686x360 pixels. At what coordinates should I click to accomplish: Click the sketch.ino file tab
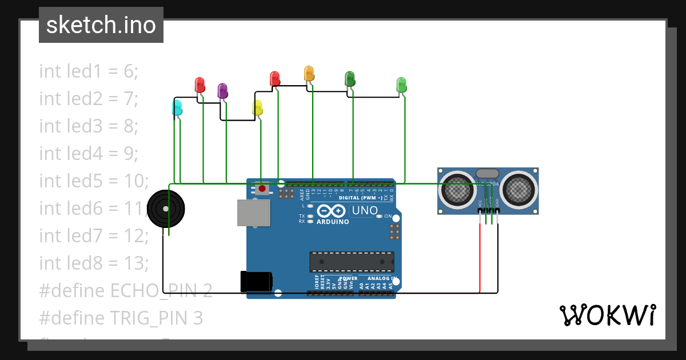(x=101, y=25)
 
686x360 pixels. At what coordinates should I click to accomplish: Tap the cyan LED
(x=177, y=107)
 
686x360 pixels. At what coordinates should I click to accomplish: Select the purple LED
(x=222, y=90)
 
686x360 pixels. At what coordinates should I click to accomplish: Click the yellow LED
(x=257, y=107)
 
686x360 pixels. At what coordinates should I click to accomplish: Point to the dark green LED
(x=350, y=79)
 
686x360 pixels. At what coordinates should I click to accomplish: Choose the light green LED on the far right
(x=401, y=85)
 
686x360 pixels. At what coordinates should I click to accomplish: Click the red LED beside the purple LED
(x=200, y=85)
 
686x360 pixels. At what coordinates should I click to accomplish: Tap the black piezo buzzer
(x=166, y=209)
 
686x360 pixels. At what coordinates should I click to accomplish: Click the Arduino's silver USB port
(x=254, y=213)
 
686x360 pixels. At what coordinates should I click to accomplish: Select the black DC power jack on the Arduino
(x=256, y=281)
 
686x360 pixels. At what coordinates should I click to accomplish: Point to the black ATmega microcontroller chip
(x=352, y=261)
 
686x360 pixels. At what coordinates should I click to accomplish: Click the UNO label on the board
(x=364, y=210)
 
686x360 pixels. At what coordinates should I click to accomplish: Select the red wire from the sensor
(x=480, y=257)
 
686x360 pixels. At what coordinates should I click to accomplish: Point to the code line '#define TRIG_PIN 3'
(x=121, y=318)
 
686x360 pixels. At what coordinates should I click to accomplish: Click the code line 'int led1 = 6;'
(x=89, y=71)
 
